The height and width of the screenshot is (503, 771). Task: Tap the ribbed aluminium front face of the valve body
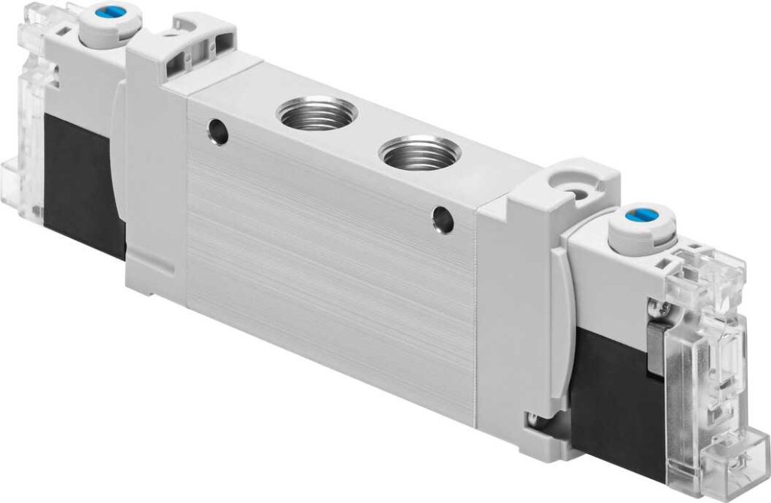pos(331,286)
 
